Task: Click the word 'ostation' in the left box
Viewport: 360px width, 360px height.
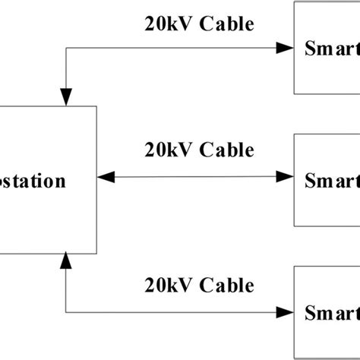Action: tap(33, 182)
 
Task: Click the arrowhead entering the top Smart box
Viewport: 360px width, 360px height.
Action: tap(286, 48)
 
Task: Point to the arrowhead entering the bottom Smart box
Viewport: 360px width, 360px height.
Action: tap(286, 311)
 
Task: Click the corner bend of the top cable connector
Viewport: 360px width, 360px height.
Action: tap(67, 48)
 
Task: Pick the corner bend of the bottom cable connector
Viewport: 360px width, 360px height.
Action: tap(67, 311)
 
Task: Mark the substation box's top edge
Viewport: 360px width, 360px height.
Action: tap(46, 106)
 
